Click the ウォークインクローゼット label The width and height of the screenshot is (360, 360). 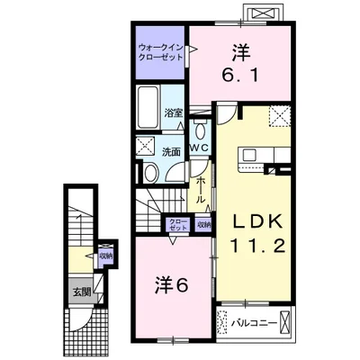(161, 52)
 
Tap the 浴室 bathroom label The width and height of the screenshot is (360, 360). (174, 113)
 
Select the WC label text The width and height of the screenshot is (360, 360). (201, 148)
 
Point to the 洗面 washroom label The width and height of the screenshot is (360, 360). (171, 152)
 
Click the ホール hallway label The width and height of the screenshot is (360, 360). (201, 191)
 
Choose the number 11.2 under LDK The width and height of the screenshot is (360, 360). (257, 247)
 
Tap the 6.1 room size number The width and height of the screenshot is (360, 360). (240, 76)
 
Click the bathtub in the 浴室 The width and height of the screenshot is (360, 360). (148, 107)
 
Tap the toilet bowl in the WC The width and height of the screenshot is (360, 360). (199, 130)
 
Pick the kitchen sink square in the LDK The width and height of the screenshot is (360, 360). (249, 155)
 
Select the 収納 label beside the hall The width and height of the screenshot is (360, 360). (202, 225)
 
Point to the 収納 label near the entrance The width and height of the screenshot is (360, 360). (106, 256)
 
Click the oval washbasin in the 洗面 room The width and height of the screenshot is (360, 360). (151, 173)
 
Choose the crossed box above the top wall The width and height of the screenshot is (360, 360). (263, 13)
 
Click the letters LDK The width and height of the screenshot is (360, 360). (257, 222)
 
